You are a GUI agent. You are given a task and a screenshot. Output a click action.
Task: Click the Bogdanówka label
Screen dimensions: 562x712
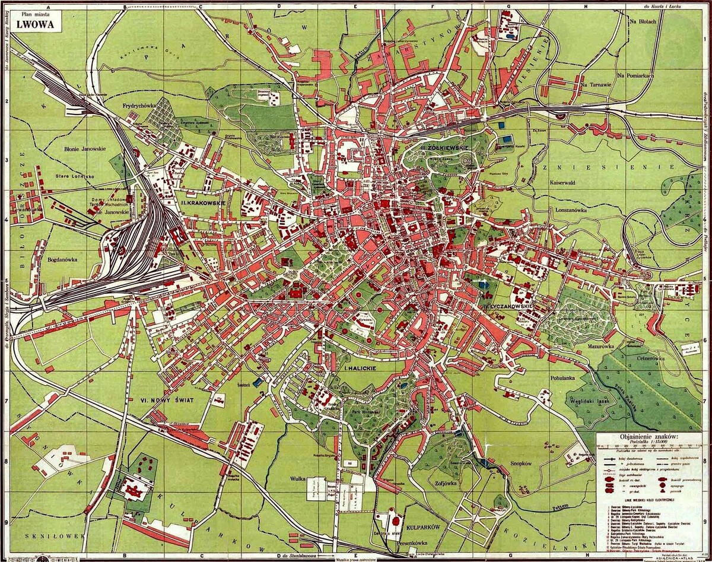pyautogui.click(x=65, y=259)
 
